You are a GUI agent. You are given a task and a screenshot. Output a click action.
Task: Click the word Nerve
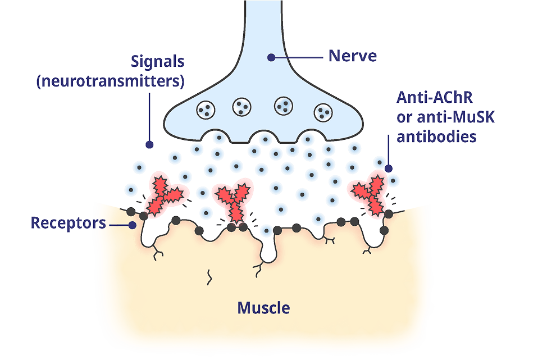352,57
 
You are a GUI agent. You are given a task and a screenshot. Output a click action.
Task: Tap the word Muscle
263,308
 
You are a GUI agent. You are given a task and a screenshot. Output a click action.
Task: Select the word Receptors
68,223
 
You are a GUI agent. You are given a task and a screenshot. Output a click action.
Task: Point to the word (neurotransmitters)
110,81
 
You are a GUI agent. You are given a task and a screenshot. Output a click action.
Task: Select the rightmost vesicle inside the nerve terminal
323,112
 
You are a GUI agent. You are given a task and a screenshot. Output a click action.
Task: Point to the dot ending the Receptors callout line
133,224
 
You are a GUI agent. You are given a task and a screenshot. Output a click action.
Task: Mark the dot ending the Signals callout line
149,144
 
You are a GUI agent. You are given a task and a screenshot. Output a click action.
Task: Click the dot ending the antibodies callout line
388,167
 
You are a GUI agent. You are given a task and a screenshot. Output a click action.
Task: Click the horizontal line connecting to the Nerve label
298,57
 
